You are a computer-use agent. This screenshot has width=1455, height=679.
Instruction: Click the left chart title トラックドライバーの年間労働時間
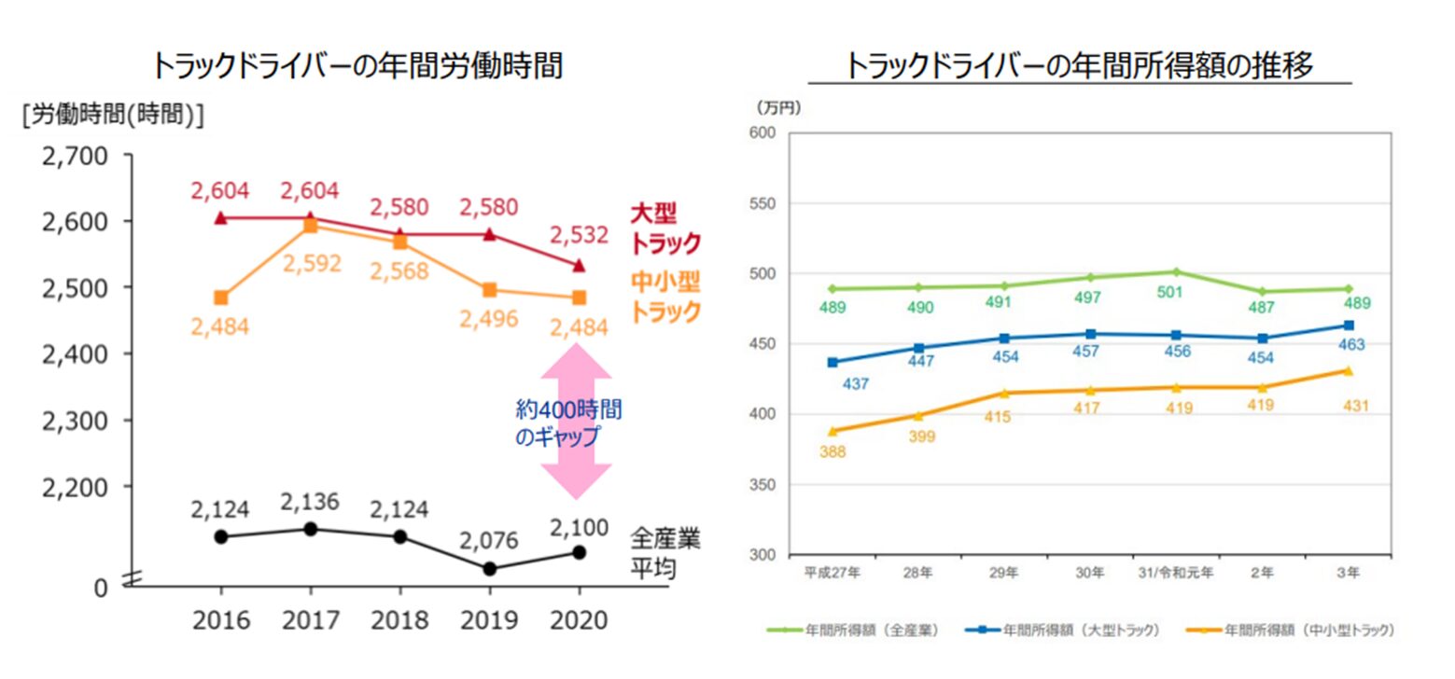[357, 66]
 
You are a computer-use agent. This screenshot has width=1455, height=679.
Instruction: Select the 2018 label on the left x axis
[399, 620]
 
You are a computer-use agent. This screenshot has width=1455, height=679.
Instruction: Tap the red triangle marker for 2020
[579, 266]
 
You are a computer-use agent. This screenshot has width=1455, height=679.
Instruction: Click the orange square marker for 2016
[220, 298]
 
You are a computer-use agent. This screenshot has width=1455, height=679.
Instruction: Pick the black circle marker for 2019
[489, 568]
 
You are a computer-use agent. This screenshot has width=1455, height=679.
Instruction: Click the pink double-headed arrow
[579, 421]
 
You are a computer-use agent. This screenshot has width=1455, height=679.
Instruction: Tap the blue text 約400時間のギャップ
[568, 423]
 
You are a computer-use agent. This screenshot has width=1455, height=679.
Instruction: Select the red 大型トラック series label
[665, 229]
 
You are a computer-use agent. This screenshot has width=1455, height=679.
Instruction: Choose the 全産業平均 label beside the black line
[665, 552]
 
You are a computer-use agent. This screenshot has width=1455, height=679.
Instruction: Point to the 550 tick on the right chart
[764, 203]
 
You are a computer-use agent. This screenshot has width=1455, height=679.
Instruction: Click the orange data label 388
[832, 451]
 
